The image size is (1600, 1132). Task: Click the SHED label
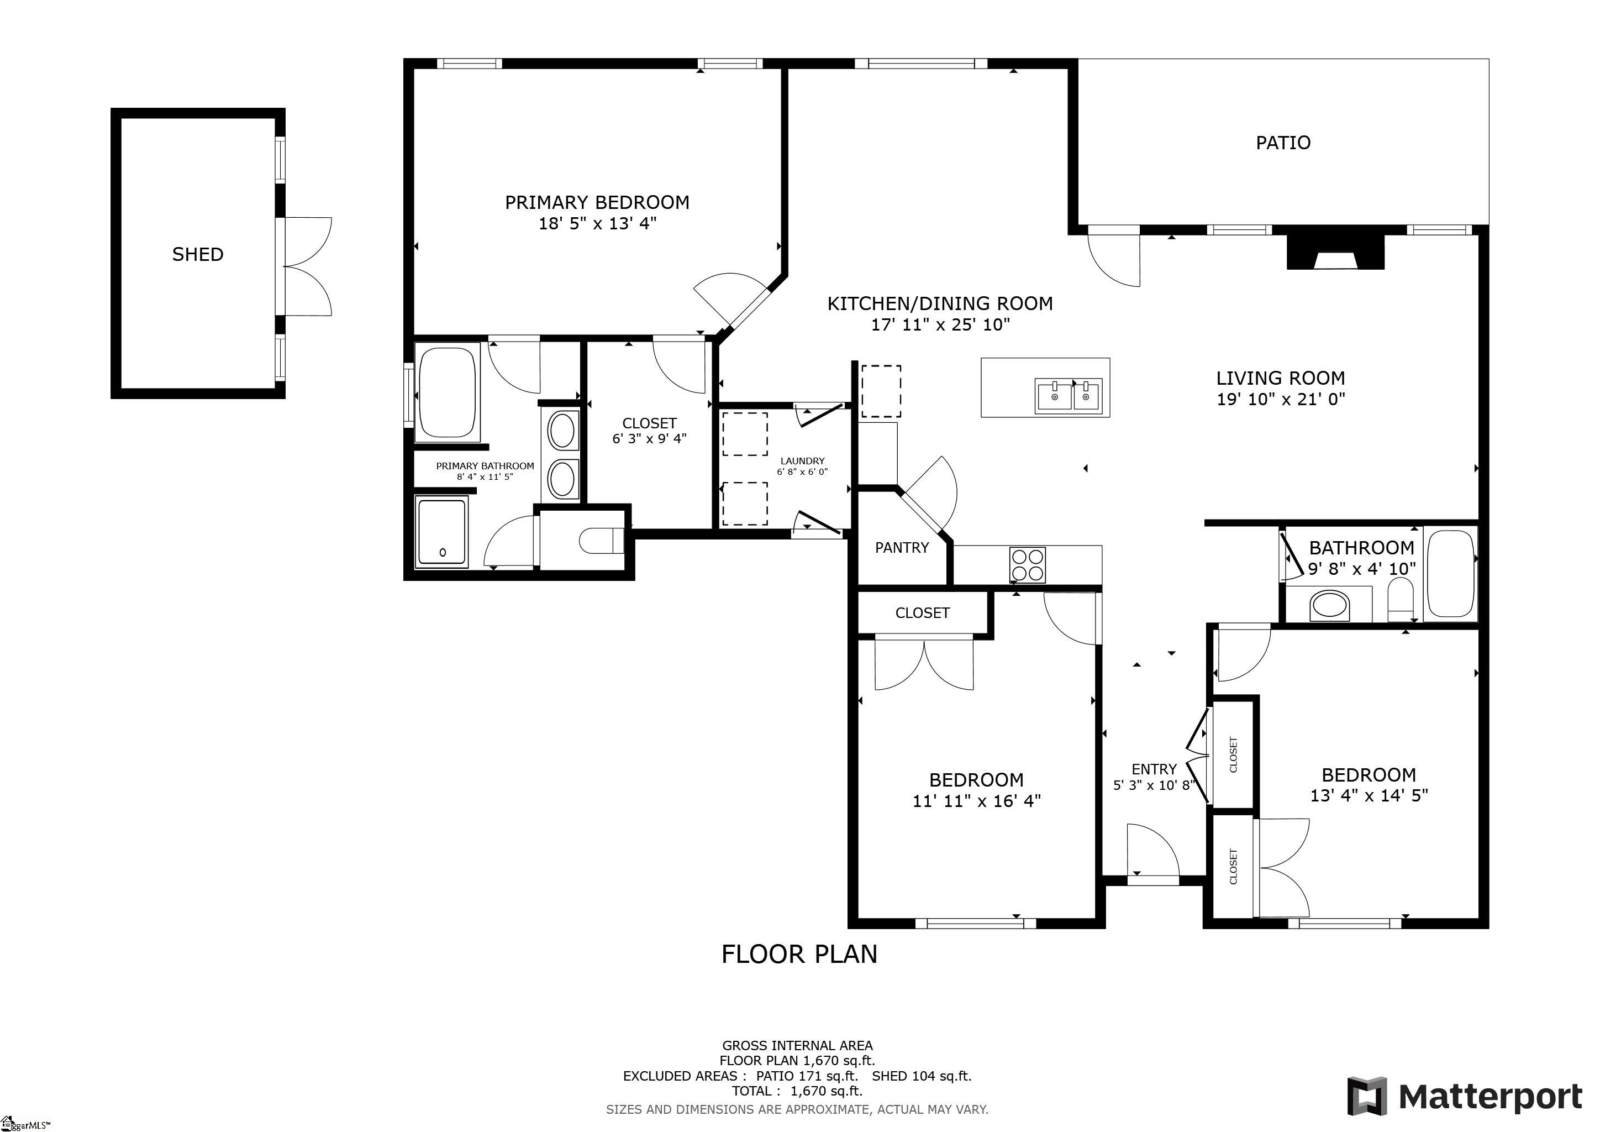pyautogui.click(x=198, y=254)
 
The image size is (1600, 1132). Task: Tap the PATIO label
pyautogui.click(x=1283, y=143)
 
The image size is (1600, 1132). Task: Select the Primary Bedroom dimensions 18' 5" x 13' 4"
pyautogui.click(x=597, y=224)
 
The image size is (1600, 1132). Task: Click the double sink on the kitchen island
pyautogui.click(x=1069, y=396)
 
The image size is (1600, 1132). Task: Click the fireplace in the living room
pyautogui.click(x=1334, y=253)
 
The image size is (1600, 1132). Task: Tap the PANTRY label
pyautogui.click(x=902, y=548)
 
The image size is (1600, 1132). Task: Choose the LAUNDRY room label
pyautogui.click(x=802, y=461)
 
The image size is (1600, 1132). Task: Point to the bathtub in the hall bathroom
pyautogui.click(x=1450, y=574)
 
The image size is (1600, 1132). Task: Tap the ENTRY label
pyautogui.click(x=1154, y=769)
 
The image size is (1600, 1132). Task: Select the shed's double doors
pyautogui.click(x=307, y=267)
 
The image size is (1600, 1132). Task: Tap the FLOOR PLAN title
pyautogui.click(x=799, y=954)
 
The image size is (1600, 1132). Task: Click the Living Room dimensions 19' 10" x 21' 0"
pyautogui.click(x=1280, y=400)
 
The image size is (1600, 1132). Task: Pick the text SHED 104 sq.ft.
pyautogui.click(x=921, y=1076)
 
